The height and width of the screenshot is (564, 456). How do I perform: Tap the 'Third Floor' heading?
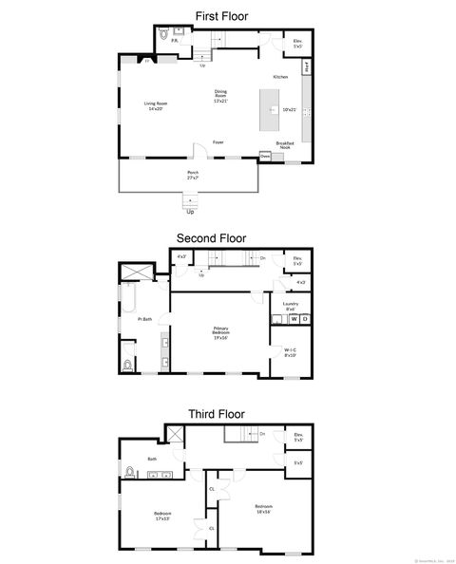click(x=216, y=414)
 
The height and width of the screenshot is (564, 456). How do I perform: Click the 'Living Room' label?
click(x=155, y=105)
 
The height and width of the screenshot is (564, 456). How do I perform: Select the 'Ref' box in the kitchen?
click(x=307, y=67)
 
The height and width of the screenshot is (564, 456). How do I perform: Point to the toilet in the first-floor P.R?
click(x=161, y=40)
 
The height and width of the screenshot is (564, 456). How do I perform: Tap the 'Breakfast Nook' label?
click(x=285, y=145)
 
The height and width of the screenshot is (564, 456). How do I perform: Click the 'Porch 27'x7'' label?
click(x=193, y=174)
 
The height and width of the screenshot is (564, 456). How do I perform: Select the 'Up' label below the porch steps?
click(x=190, y=211)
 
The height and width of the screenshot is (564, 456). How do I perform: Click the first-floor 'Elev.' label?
click(x=297, y=43)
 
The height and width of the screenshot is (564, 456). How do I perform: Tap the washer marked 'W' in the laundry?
click(x=294, y=320)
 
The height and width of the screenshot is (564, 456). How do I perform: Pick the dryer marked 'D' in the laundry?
click(x=305, y=320)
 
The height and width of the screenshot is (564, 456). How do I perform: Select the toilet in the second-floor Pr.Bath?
click(x=127, y=364)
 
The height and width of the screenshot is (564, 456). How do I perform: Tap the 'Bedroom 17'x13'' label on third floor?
click(x=162, y=516)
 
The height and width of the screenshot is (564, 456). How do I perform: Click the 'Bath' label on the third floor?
click(x=152, y=460)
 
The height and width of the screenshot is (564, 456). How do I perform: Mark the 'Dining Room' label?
click(x=220, y=95)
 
